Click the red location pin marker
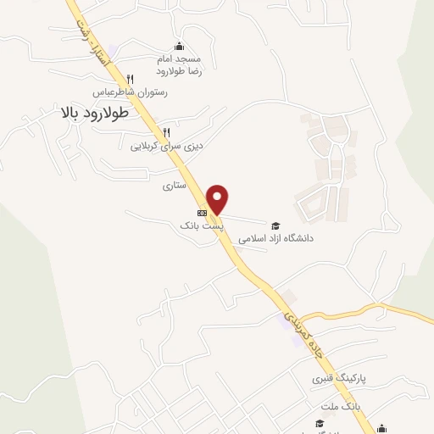[x=219, y=198]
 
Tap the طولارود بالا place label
[x=94, y=112]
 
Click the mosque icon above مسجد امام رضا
[x=179, y=47]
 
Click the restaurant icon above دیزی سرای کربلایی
[x=166, y=132]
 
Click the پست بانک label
[x=202, y=225]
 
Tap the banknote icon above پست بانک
[x=202, y=213]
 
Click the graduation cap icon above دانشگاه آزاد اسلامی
[x=275, y=225]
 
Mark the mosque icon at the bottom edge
[x=383, y=428]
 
